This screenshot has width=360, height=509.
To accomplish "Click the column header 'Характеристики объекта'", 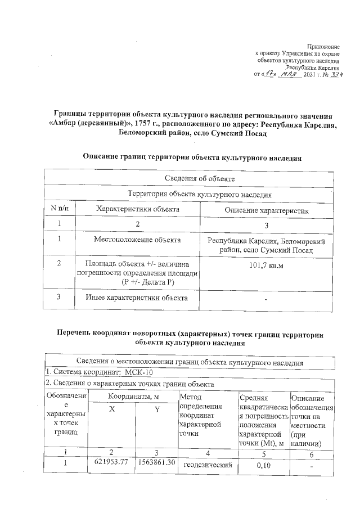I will coord(138,209).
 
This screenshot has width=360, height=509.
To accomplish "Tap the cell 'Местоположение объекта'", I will coord(137,240).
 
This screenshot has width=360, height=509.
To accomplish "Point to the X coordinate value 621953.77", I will coord(111,462).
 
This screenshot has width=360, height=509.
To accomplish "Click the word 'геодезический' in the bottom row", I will coord(208,465).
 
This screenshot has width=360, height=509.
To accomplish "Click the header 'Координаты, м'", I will coord(133,397).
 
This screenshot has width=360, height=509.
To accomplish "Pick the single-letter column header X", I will coord(112,410).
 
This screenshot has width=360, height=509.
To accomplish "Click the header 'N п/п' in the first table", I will coord(59,209).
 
